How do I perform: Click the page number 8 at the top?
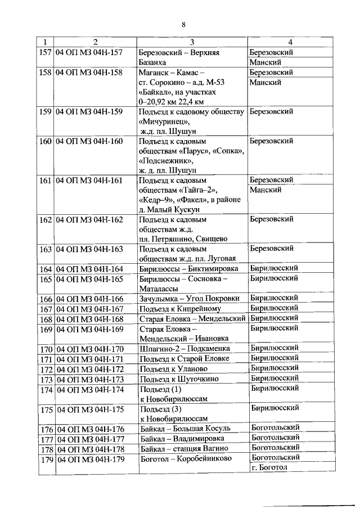183,23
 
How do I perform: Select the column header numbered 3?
191,42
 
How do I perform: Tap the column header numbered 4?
290,42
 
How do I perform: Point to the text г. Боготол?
269,468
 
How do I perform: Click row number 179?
46,460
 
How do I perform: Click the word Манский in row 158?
265,82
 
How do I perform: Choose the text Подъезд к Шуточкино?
178,379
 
